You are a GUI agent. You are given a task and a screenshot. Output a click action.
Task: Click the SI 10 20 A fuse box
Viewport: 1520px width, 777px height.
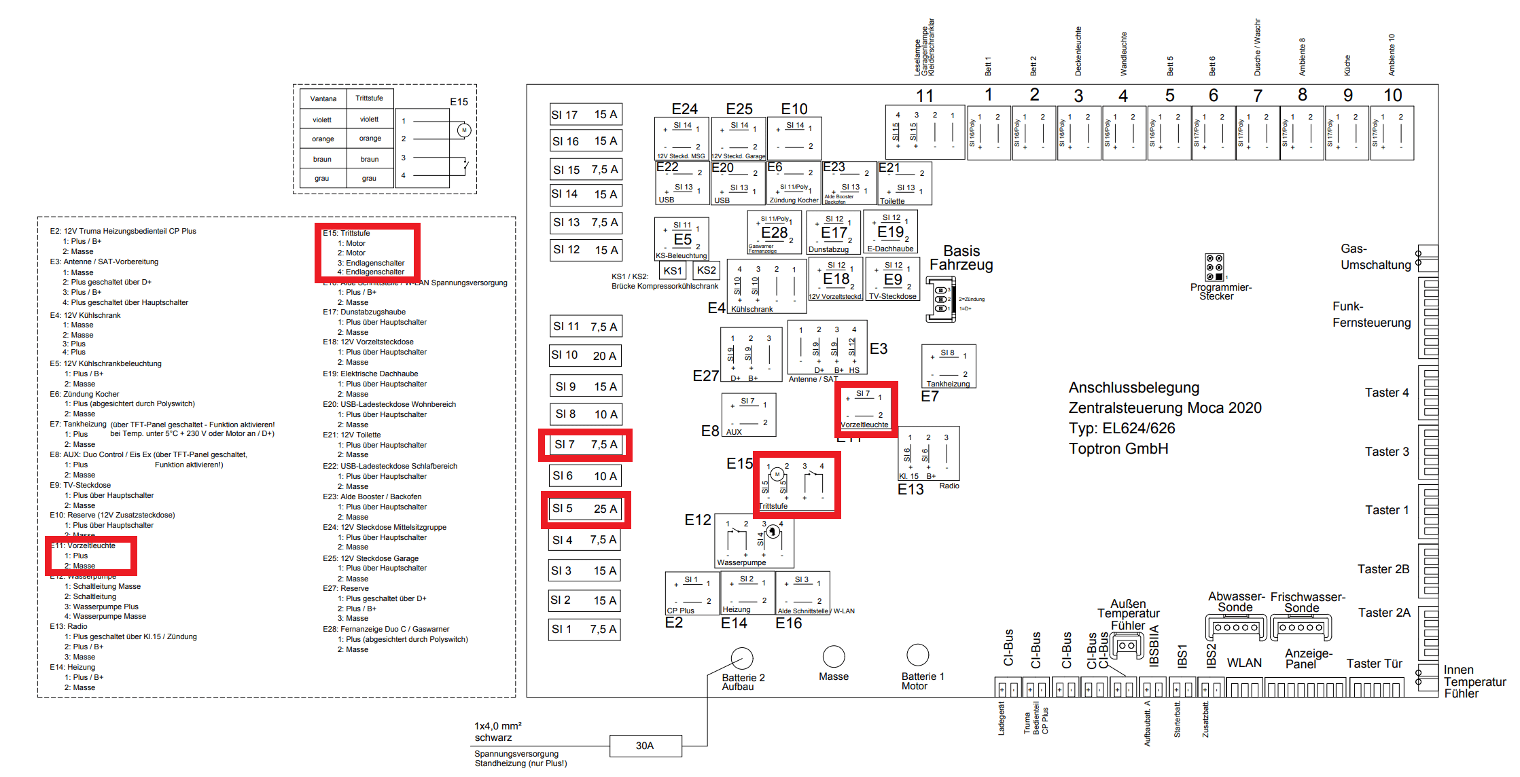tap(584, 355)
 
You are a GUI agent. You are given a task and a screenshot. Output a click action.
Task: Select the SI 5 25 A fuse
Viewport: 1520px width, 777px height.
tap(584, 509)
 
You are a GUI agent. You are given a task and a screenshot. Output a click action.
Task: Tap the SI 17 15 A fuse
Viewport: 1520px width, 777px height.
tap(584, 115)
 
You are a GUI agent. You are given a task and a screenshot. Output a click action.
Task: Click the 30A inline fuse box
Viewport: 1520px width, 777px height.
tap(645, 746)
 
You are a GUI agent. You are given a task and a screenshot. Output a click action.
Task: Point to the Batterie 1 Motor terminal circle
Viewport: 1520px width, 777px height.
tap(917, 655)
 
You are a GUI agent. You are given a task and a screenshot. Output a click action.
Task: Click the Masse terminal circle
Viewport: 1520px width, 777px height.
tap(834, 656)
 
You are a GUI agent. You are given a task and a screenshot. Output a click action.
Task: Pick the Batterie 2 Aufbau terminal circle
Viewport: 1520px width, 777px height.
tap(742, 657)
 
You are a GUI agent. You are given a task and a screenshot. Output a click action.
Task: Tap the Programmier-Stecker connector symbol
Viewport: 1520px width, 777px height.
tap(1214, 268)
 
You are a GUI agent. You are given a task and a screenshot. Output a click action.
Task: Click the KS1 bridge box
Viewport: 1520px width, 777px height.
tap(673, 270)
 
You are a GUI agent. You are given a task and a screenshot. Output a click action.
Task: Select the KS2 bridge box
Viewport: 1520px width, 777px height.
tap(707, 270)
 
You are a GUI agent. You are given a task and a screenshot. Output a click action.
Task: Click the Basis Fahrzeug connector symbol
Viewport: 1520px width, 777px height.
tap(940, 300)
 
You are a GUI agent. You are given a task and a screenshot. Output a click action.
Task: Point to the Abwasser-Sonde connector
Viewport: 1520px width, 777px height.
tap(1236, 628)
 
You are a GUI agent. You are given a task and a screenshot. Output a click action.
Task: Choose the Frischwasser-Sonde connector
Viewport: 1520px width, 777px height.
tap(1301, 628)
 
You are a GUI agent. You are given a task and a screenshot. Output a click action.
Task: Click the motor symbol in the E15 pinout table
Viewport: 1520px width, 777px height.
tap(464, 130)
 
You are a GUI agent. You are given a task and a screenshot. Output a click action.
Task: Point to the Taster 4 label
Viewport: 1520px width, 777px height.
tap(1387, 393)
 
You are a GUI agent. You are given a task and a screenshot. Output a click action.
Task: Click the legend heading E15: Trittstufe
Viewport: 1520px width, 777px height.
tap(347, 233)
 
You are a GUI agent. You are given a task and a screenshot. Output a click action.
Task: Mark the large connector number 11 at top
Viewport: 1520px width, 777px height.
tap(925, 96)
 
